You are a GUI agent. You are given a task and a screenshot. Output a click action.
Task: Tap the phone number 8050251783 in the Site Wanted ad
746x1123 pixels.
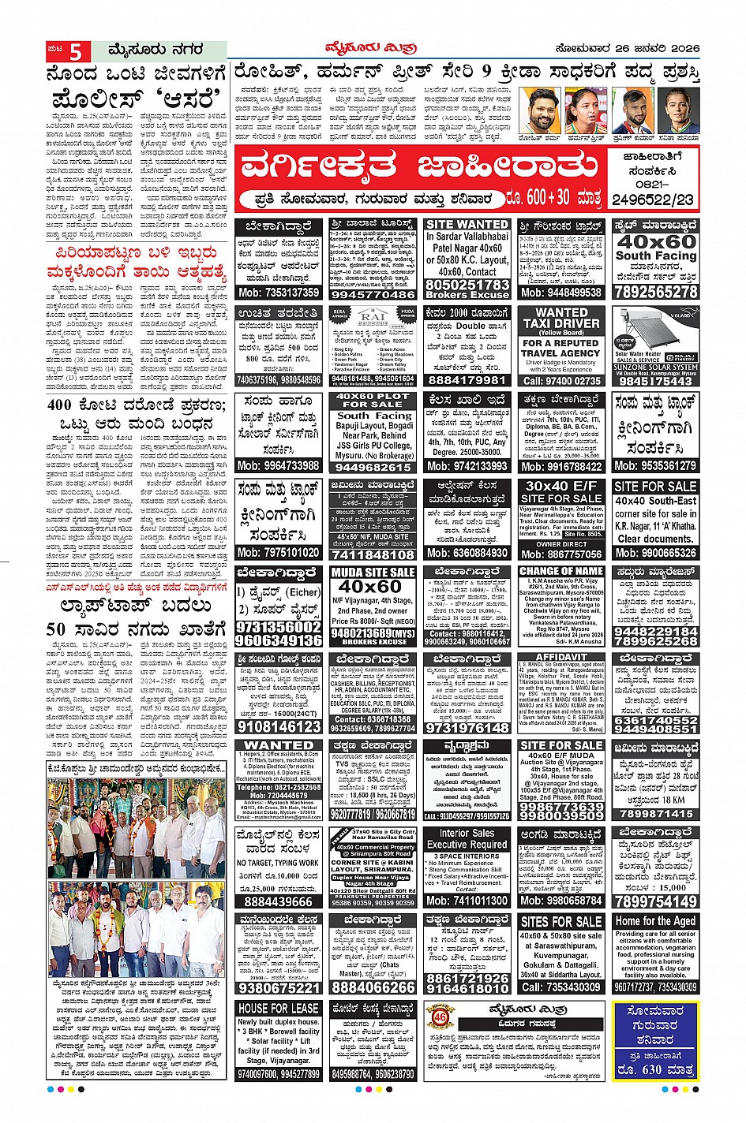[467, 284]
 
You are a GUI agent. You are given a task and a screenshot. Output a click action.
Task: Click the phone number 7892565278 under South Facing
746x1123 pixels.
[656, 292]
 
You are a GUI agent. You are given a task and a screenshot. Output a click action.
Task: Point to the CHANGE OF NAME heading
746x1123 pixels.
[561, 571]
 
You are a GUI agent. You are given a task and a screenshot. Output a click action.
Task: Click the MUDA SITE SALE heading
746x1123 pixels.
[373, 572]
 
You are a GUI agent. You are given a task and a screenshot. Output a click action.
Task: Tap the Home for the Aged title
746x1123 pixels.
[656, 920]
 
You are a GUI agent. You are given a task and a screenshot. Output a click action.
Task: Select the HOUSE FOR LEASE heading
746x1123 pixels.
[279, 1008]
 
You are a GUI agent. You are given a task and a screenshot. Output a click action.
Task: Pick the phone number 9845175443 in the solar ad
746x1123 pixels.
[656, 381]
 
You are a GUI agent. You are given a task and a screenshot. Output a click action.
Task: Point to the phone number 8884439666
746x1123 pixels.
[279, 901]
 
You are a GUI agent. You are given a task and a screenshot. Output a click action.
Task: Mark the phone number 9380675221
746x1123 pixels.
[279, 987]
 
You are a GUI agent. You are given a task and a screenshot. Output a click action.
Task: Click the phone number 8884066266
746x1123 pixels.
[373, 987]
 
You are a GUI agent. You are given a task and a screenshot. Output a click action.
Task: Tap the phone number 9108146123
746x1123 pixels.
[279, 727]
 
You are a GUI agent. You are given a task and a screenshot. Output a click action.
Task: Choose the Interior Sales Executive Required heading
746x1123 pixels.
[467, 838]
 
